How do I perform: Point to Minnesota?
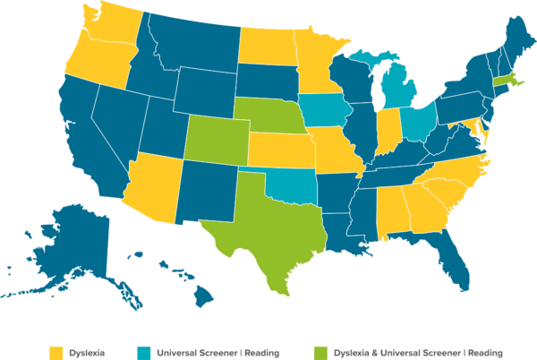coord(313,63)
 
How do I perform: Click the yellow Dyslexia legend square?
coord(55,352)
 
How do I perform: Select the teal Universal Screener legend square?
coord(144,352)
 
